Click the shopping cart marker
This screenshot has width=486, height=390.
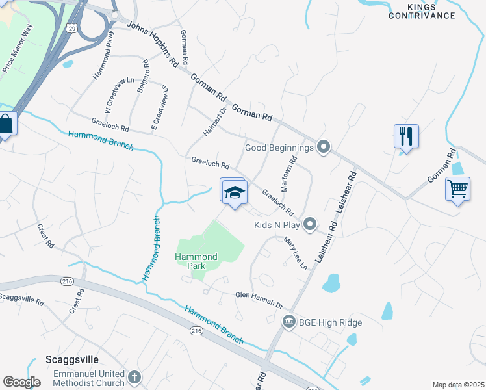pos(458,189)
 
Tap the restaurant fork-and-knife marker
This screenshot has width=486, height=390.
pos(406,136)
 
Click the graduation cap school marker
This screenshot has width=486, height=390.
pos(235,192)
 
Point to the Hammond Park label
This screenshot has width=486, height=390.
pos(196,261)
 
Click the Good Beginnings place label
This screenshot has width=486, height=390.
pos(279,148)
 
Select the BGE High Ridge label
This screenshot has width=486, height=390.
pos(330,322)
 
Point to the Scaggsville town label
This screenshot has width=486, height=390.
pos(71,359)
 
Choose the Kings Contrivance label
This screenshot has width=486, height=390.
pos(430,11)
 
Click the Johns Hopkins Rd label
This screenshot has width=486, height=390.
pos(153,45)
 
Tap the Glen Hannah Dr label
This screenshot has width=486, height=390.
pos(259,300)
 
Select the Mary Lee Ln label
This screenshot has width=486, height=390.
pos(295,253)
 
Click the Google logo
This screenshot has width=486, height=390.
pos(21,382)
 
